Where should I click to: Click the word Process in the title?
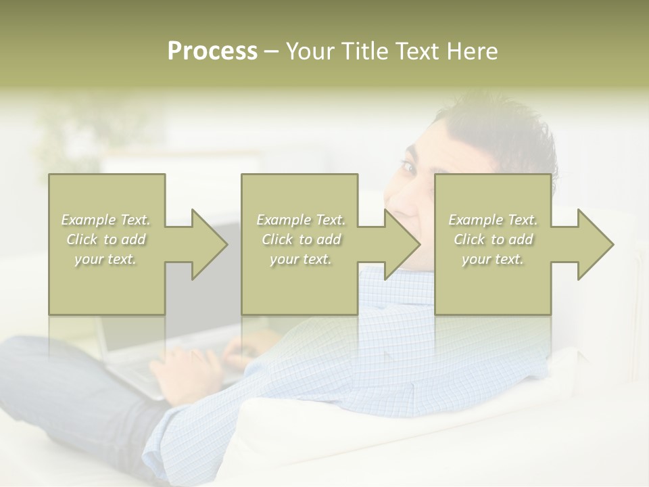pos(212,51)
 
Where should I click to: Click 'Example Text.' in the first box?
pos(106,220)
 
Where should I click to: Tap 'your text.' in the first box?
pos(106,259)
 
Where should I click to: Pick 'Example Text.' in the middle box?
pos(301,220)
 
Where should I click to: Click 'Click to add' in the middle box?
pos(301,239)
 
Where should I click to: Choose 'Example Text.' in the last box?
pos(493,220)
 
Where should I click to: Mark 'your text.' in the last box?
pos(493,259)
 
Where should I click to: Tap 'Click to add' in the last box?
pos(493,239)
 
